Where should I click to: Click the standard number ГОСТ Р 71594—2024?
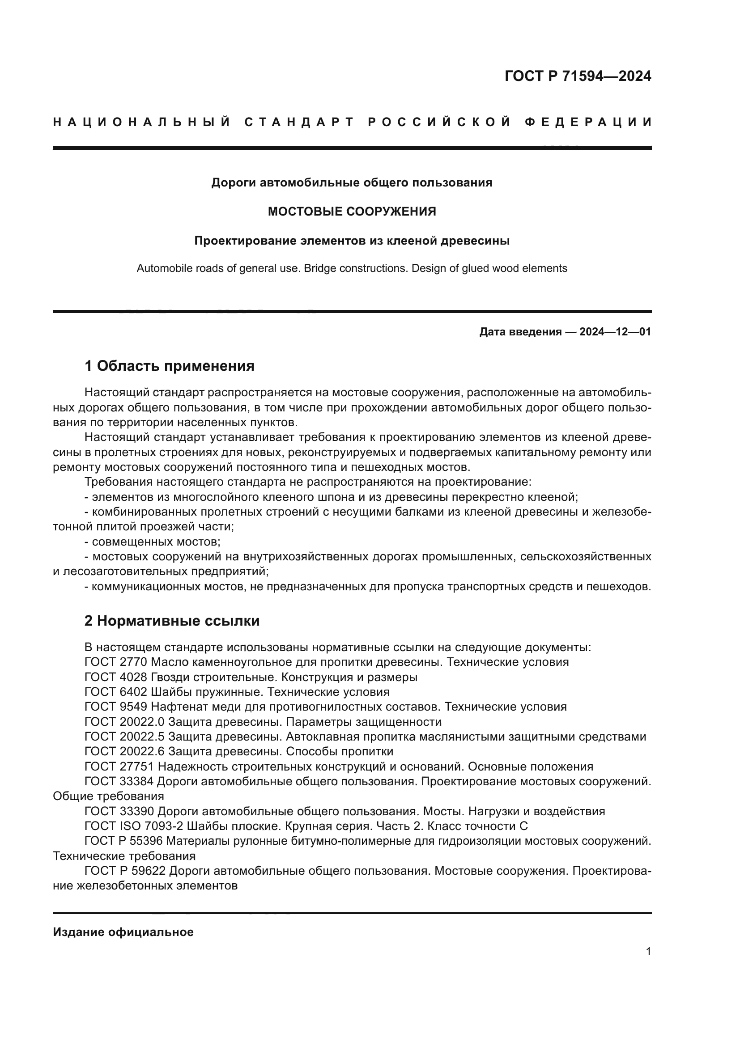[578, 76]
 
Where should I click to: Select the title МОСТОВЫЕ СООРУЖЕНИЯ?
[352, 212]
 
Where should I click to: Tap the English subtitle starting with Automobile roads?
[352, 268]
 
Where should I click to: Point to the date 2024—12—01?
[615, 332]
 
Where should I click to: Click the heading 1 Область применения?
[169, 366]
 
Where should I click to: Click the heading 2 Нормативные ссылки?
[172, 621]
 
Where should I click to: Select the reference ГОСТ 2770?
[116, 662]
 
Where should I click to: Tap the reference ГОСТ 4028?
[116, 677]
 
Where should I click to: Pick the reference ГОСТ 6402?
[116, 692]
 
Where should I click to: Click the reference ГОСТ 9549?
[116, 707]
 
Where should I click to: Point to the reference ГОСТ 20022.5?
[125, 737]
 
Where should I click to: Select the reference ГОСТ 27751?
[120, 767]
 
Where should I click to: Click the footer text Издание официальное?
[123, 932]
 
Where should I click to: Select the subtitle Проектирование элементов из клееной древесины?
[352, 241]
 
